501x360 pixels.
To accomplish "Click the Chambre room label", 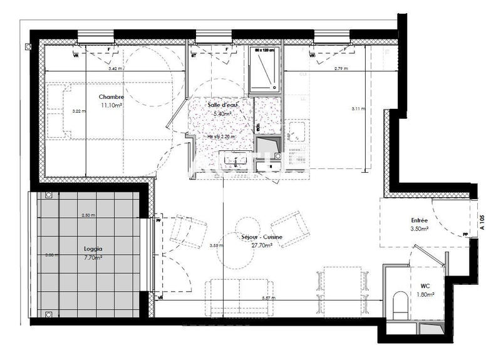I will pyautogui.click(x=111, y=97).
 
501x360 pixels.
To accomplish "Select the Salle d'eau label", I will pyautogui.click(x=222, y=105).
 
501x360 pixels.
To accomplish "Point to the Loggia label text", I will pyautogui.click(x=93, y=248).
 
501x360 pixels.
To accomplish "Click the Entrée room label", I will pyautogui.click(x=419, y=221).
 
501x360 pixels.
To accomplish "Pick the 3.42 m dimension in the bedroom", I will pyautogui.click(x=115, y=68).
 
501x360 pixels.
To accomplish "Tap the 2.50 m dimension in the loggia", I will pyautogui.click(x=88, y=215).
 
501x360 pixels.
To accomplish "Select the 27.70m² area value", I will pyautogui.click(x=261, y=245).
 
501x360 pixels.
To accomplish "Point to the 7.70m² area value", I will pyautogui.click(x=93, y=257).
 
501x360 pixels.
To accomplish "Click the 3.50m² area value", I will pyautogui.click(x=419, y=230).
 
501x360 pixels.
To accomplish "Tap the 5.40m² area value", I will pyautogui.click(x=222, y=114).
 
